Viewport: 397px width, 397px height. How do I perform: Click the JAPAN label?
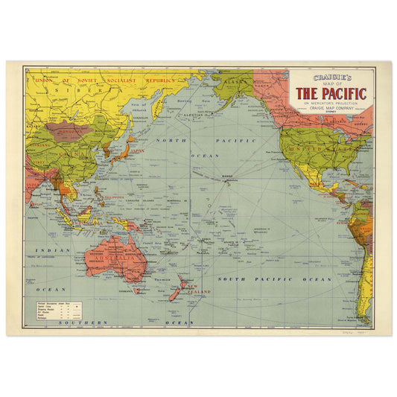[x=137, y=149]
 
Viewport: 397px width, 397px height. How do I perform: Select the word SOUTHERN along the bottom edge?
[x=86, y=323]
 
